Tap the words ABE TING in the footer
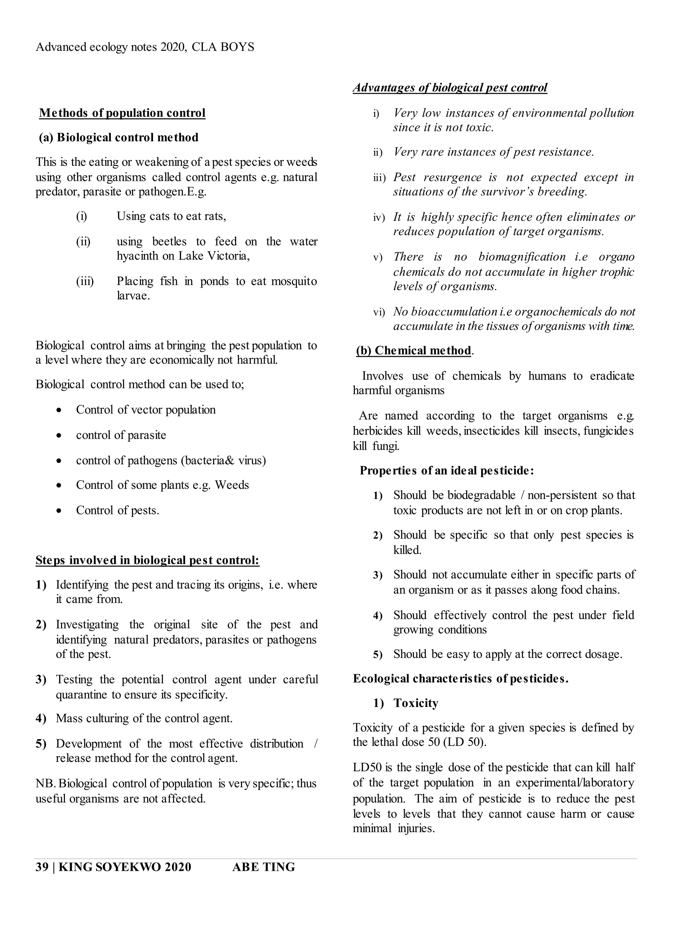(x=263, y=867)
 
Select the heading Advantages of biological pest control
(x=450, y=88)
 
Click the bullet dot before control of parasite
(x=60, y=436)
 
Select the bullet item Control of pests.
(x=117, y=510)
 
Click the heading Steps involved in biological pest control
(x=147, y=560)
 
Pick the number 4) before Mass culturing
(x=41, y=719)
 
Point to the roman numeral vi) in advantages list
(x=379, y=312)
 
